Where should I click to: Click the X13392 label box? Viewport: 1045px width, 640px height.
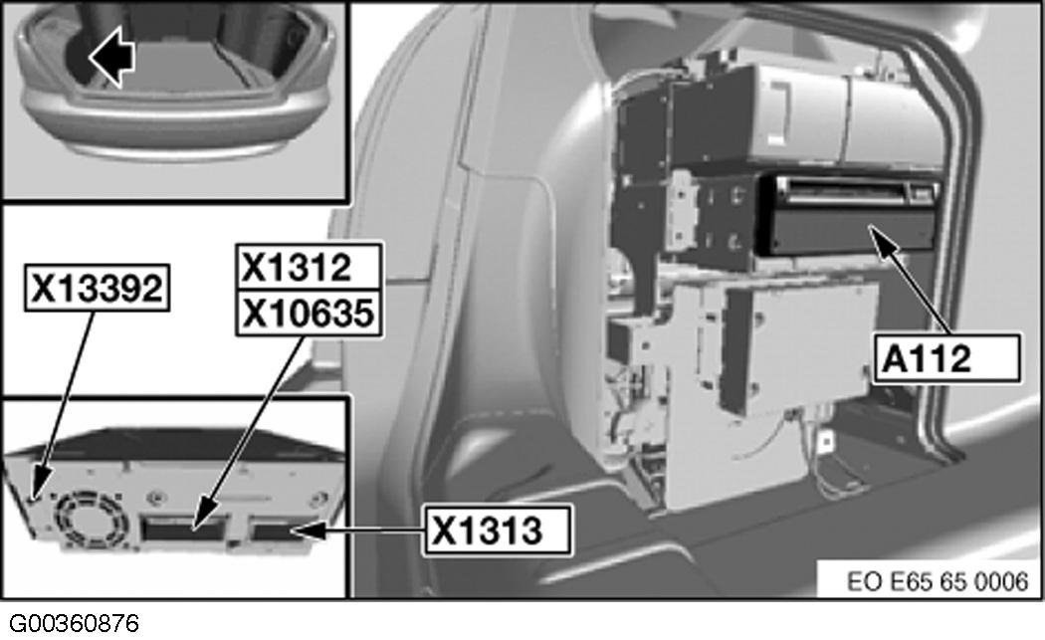(96, 289)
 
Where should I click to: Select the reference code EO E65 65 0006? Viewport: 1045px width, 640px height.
(923, 580)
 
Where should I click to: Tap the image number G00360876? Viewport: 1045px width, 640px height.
(70, 624)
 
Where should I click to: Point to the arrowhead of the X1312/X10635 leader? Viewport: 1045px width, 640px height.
(195, 523)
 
